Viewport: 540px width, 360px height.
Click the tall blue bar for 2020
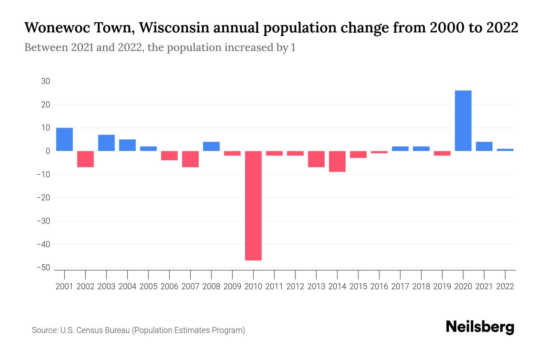click(463, 121)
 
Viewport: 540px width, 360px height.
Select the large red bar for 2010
click(253, 205)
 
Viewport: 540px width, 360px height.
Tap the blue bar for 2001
click(64, 139)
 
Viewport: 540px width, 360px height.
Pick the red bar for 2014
click(337, 161)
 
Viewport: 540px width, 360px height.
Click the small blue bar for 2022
click(505, 150)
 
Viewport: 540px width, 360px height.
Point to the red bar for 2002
click(85, 159)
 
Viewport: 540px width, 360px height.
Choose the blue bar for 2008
click(211, 146)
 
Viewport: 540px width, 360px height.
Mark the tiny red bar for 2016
click(379, 152)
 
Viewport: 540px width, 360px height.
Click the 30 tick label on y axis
click(46, 81)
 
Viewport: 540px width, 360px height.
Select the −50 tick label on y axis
click(43, 268)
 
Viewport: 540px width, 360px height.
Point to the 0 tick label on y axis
click(48, 151)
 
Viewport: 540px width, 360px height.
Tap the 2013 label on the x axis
click(316, 286)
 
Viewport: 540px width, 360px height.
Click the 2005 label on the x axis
click(148, 286)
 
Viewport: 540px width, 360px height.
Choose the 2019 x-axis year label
click(442, 286)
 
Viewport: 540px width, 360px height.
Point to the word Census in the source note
click(89, 330)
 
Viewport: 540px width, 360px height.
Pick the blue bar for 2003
click(106, 143)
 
